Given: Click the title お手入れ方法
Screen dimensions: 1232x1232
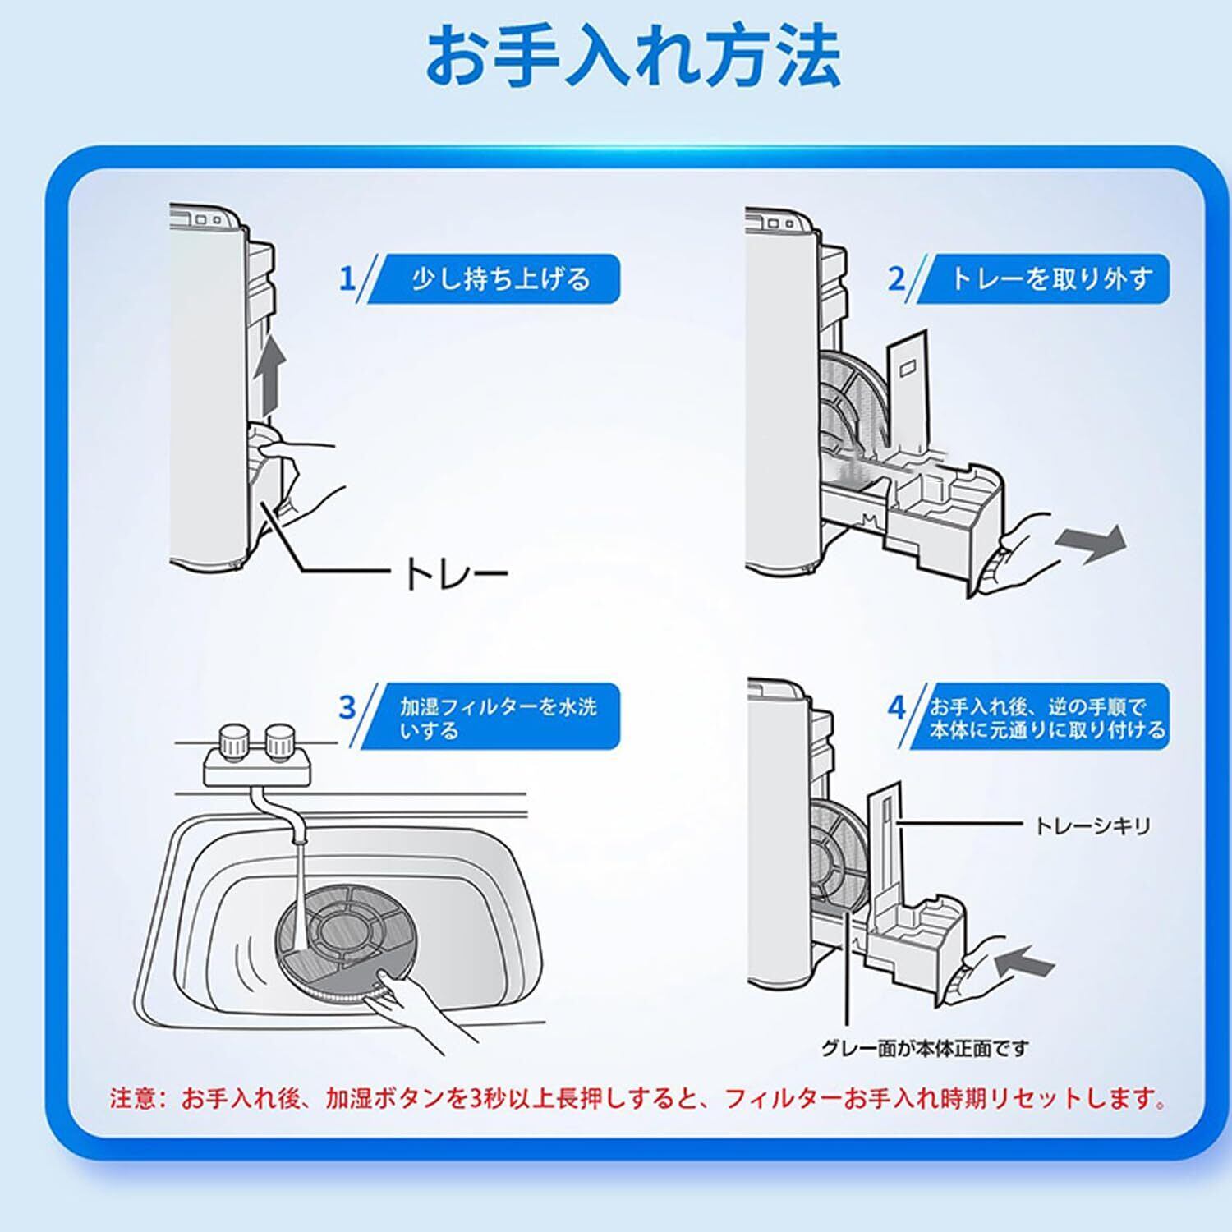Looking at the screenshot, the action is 632,57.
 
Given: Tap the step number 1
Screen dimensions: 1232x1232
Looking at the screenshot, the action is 347,278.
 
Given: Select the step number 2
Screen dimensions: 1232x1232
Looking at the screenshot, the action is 896,278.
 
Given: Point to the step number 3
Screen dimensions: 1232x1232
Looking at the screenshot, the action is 347,707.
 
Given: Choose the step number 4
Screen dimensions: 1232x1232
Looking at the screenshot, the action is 896,707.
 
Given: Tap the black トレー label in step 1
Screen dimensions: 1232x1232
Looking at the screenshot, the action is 455,574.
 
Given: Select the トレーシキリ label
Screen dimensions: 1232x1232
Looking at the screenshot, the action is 1092,825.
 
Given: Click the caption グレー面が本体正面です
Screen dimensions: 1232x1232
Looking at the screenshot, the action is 924,1048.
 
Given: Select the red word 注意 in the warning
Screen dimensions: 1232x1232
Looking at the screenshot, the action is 134,1098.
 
